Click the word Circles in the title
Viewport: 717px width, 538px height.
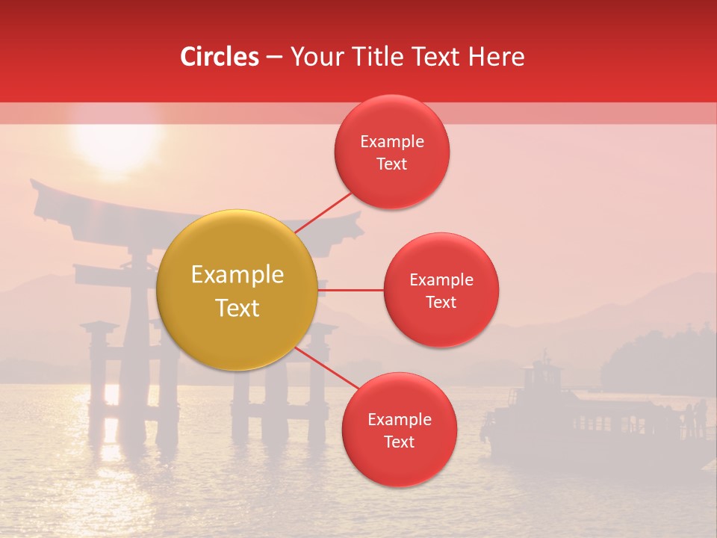220,57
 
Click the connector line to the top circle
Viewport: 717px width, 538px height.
325,211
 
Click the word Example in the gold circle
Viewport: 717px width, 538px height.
238,275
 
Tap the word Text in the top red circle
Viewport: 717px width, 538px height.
392,164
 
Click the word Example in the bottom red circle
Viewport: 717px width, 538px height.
400,419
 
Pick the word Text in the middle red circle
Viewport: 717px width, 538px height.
441,302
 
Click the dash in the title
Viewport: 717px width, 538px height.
274,58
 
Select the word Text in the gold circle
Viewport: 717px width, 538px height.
238,308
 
